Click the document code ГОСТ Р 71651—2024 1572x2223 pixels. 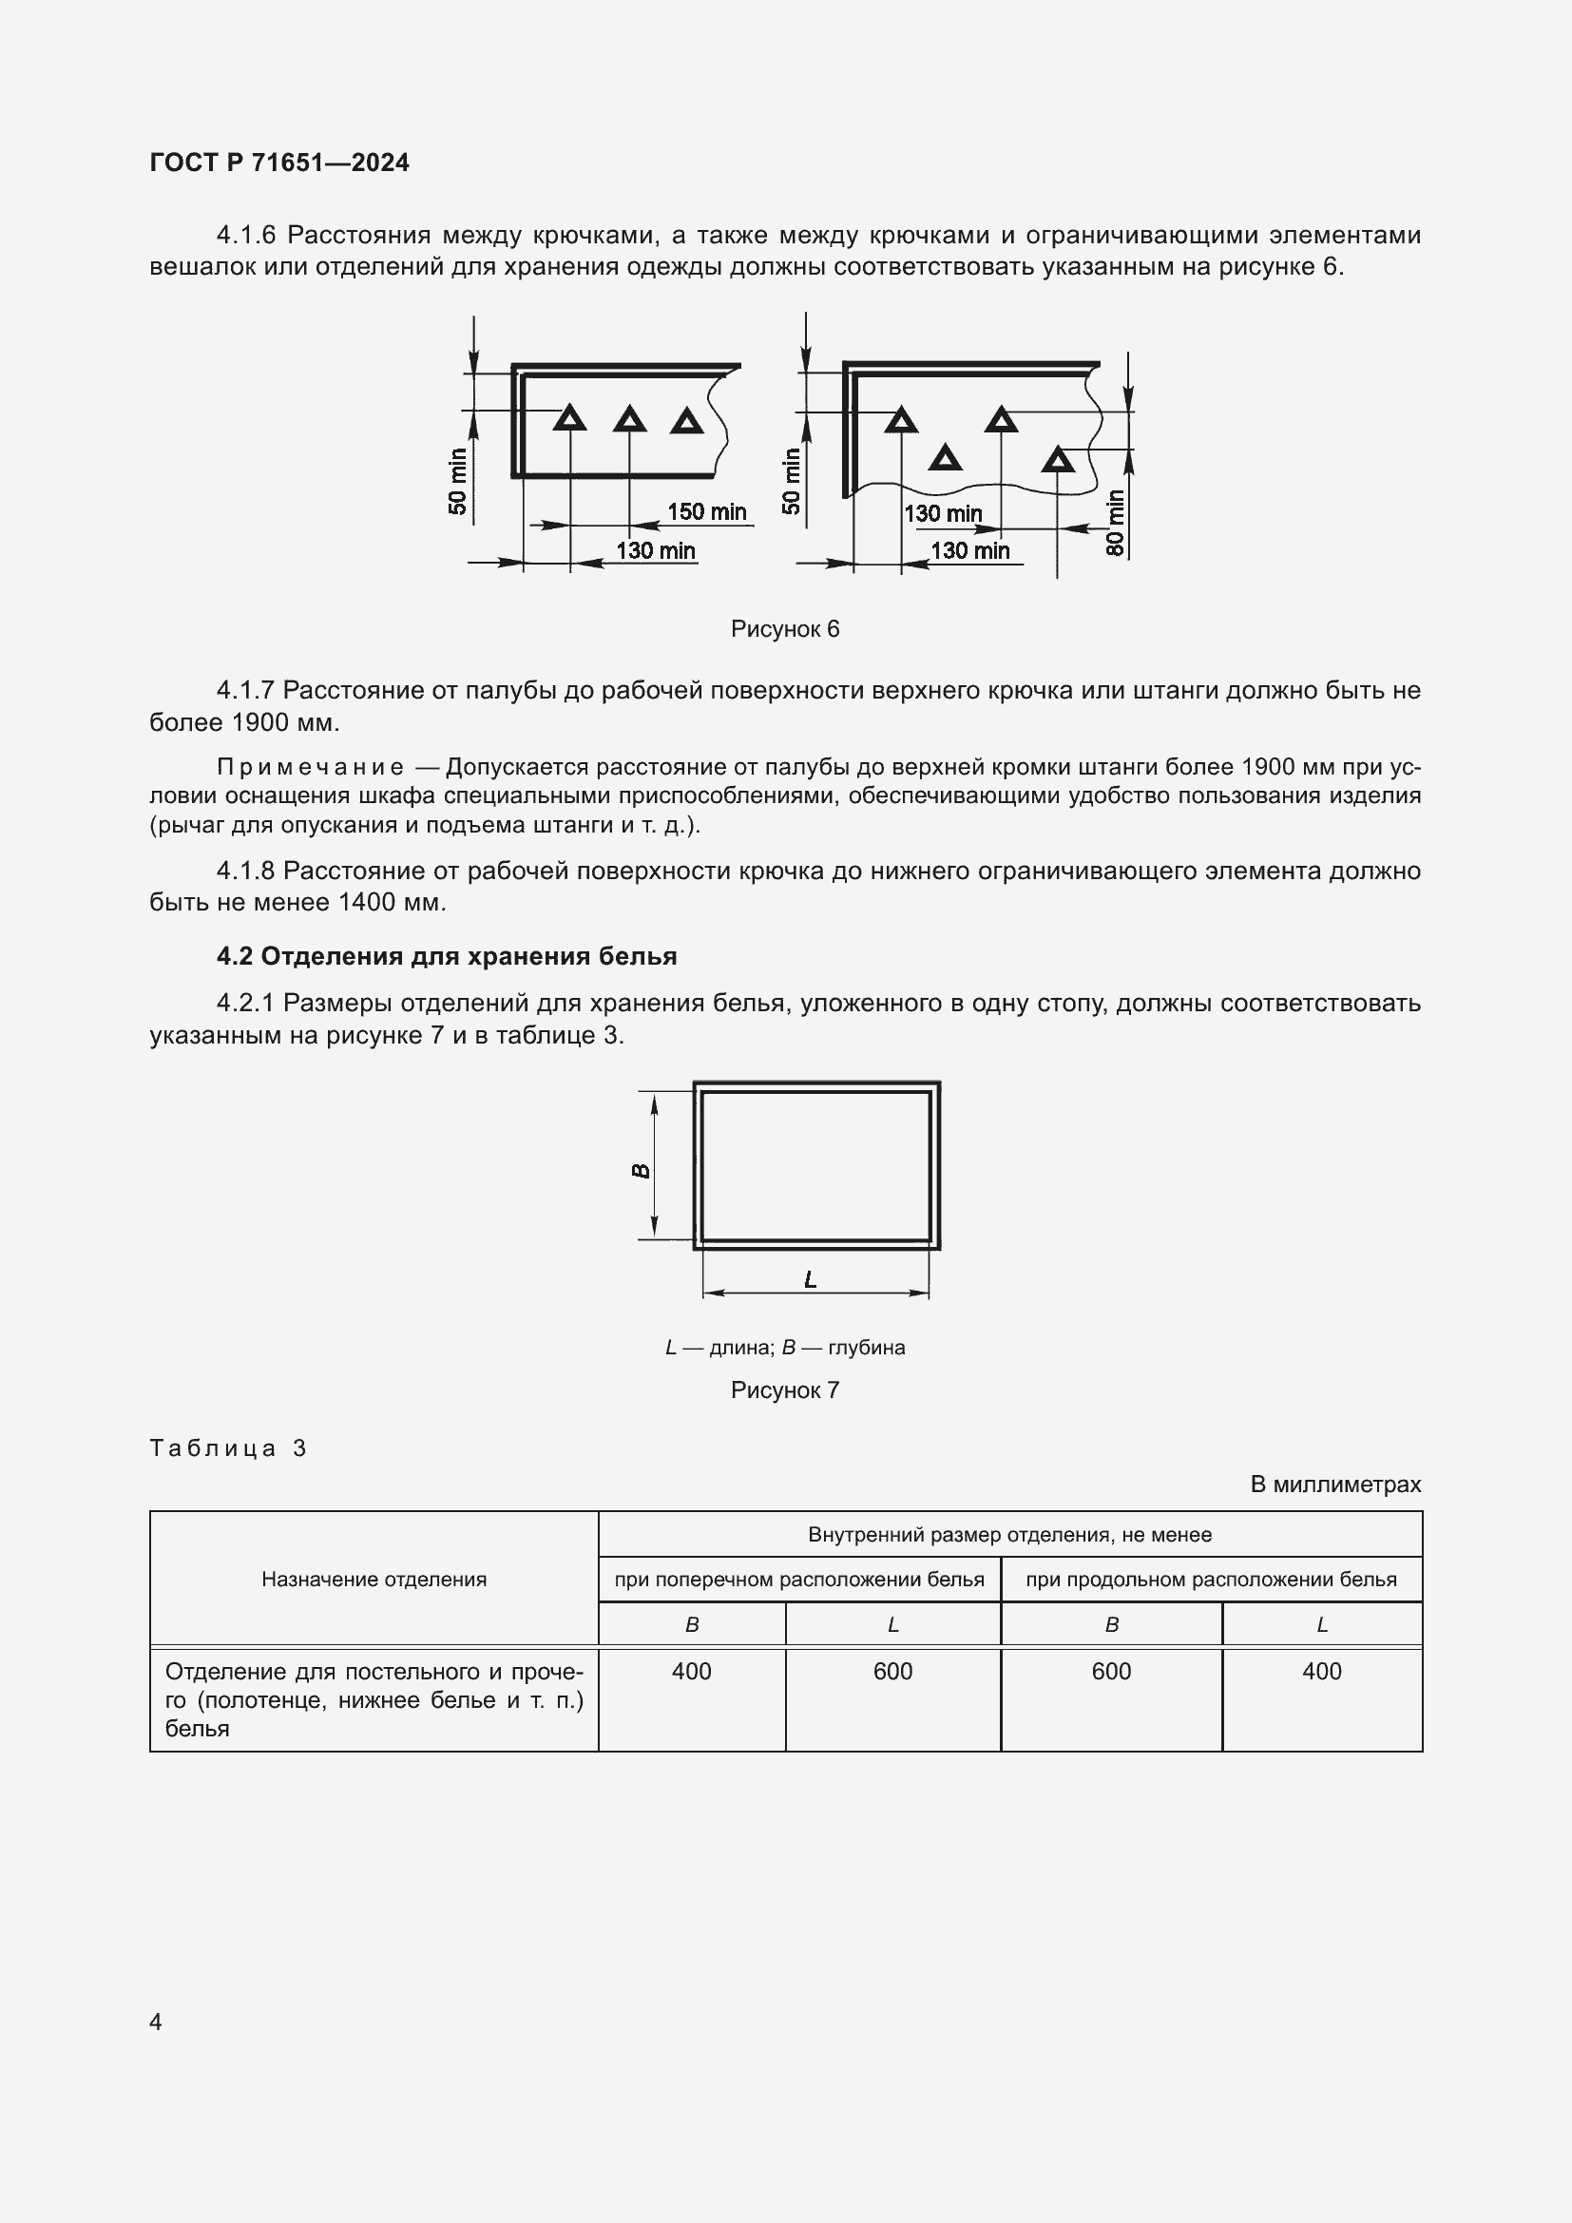[x=279, y=163]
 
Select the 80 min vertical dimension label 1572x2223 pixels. [x=1115, y=523]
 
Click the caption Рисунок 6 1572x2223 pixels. [x=785, y=629]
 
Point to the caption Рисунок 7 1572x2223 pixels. [x=785, y=1390]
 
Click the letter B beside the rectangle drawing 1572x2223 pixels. [x=641, y=1171]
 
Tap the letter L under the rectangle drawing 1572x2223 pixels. [x=811, y=1280]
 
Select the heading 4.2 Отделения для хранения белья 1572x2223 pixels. [x=447, y=957]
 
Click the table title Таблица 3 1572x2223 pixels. [x=228, y=1448]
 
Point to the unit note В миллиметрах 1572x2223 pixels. [x=1335, y=1485]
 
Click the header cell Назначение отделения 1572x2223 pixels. [x=374, y=1580]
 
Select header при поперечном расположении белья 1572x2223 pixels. [x=798, y=1581]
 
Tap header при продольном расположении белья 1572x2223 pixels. [x=1211, y=1581]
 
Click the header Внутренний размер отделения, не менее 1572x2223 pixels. [x=1009, y=1535]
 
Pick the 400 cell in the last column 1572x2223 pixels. [x=1321, y=1672]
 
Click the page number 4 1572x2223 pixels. [x=156, y=2022]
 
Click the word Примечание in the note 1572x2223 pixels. [x=310, y=768]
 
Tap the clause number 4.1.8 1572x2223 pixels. [x=246, y=872]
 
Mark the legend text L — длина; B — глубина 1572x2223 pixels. [x=785, y=1348]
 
